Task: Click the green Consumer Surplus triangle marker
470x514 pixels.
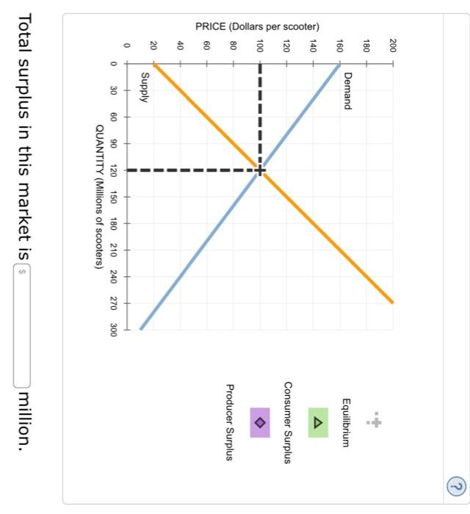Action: [317, 423]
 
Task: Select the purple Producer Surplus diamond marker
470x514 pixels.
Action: [260, 423]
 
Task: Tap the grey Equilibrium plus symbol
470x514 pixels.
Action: [375, 423]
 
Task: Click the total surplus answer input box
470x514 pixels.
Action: [21, 324]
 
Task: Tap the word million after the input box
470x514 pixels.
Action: [23, 419]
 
